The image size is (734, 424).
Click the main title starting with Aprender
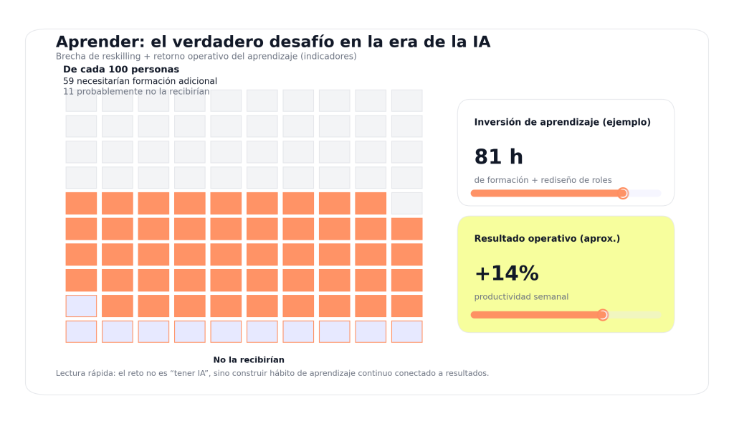(272, 42)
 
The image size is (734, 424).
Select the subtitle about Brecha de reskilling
(206, 56)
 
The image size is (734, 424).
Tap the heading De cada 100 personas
(121, 70)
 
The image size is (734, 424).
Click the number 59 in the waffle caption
(68, 81)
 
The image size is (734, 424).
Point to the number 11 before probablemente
(68, 92)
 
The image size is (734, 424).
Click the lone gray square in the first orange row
(406, 203)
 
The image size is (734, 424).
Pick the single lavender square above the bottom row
(81, 306)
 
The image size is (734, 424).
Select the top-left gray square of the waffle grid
(81, 100)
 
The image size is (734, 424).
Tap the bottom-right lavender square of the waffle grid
(406, 331)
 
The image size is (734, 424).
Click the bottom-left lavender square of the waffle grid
(81, 331)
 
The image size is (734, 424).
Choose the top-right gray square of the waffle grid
(406, 100)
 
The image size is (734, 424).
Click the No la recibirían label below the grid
(249, 360)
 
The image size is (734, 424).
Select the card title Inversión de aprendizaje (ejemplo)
(562, 123)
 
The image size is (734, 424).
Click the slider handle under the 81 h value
(623, 193)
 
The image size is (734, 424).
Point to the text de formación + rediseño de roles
(543, 180)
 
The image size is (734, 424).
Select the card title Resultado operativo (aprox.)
(547, 239)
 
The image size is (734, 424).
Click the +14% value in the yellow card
(506, 274)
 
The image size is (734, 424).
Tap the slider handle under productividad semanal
(603, 315)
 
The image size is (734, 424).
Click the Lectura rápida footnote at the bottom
(272, 374)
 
